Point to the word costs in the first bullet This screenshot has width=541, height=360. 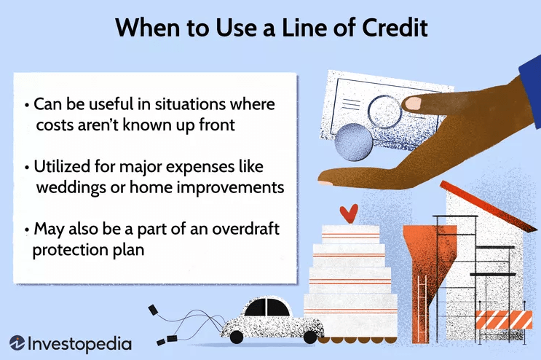point(55,125)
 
